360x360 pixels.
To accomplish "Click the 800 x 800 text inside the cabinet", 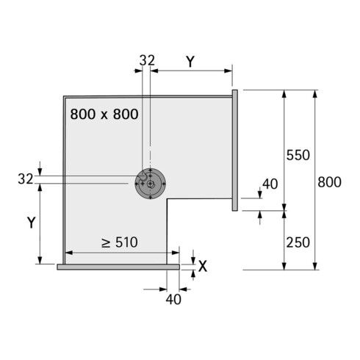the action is point(104,114).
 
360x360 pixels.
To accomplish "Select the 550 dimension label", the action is point(298,155).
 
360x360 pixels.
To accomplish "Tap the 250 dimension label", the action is point(298,242).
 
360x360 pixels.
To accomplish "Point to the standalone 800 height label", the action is point(329,182).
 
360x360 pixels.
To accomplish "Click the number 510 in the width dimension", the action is point(126,242).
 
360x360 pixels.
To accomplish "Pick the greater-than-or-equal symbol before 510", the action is point(106,243).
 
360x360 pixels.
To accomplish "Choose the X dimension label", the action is point(203,266).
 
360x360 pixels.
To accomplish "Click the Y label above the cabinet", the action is point(190,62).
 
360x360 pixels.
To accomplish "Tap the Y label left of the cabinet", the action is point(32,223).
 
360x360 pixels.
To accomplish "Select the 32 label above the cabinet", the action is point(147,60).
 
